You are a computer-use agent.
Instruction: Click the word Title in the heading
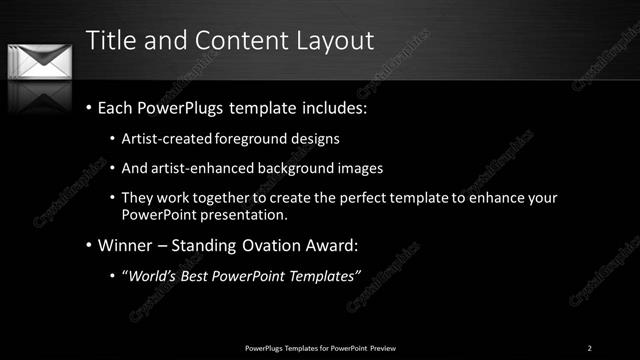pyautogui.click(x=111, y=41)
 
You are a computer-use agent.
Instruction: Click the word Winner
pyautogui.click(x=128, y=245)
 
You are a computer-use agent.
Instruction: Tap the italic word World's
pyautogui.click(x=151, y=276)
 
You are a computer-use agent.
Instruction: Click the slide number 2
pyautogui.click(x=589, y=348)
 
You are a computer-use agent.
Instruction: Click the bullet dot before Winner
pyautogui.click(x=89, y=245)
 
